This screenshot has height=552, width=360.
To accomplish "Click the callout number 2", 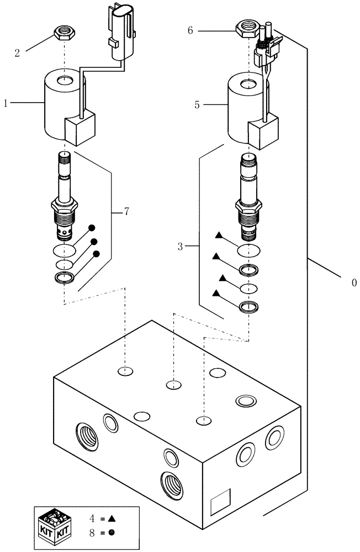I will [x=18, y=53].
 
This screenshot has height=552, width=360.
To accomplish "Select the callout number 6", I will [x=190, y=31].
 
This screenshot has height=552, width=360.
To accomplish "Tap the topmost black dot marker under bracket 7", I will [x=92, y=227].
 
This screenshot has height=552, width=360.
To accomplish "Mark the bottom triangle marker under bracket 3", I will [x=216, y=293].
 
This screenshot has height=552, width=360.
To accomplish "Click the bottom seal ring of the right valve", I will [x=249, y=306].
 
